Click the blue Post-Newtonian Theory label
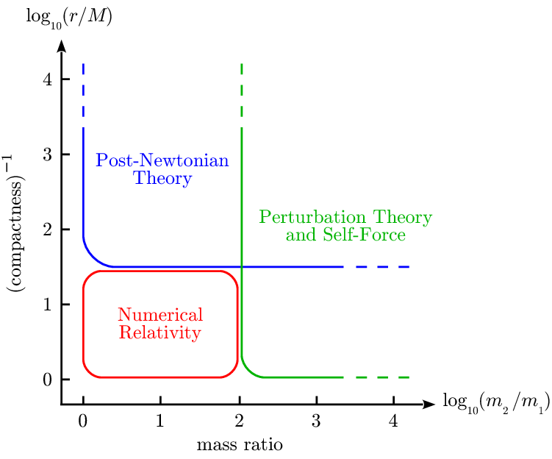point(162,169)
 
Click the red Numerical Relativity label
point(160,324)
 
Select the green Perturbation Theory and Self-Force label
point(345,227)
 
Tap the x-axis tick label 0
point(83,422)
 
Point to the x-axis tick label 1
point(160,422)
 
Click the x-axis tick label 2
point(238,422)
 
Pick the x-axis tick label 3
point(316,422)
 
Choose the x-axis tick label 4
point(393,422)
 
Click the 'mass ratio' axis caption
point(239,445)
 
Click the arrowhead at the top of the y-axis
point(62,46)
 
